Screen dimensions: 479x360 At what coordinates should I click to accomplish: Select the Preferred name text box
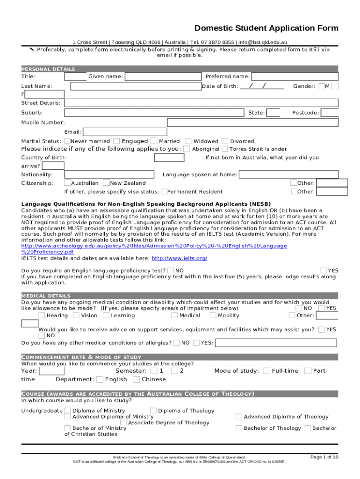pos(295,77)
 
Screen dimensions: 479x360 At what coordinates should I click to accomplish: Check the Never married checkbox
pos(68,141)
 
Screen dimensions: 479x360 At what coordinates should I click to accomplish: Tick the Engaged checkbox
pos(117,141)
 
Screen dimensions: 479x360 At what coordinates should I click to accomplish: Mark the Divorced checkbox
pos(225,141)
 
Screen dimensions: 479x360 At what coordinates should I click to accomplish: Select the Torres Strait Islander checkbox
pos(225,149)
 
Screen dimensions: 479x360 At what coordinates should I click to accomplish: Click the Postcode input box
pos(330,113)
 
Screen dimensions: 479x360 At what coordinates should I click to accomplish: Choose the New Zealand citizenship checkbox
pos(107,183)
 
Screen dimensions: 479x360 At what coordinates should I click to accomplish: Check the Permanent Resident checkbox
pos(164,191)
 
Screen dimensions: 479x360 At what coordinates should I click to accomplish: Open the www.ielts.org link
pos(180,259)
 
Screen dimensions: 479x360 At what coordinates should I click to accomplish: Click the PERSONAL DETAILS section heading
pos(48,69)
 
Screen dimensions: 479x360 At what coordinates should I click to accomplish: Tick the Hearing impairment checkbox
pos(42,315)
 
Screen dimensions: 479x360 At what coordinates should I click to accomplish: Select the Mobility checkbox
pos(213,315)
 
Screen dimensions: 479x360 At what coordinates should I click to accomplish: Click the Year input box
pos(52,371)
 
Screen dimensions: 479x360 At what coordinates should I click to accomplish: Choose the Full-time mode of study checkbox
pos(266,371)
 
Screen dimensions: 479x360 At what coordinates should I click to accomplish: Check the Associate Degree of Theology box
pos(123,423)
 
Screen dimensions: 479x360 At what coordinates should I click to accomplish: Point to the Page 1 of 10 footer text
pos(324,457)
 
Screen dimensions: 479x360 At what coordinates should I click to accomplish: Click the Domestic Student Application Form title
pos(266,28)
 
